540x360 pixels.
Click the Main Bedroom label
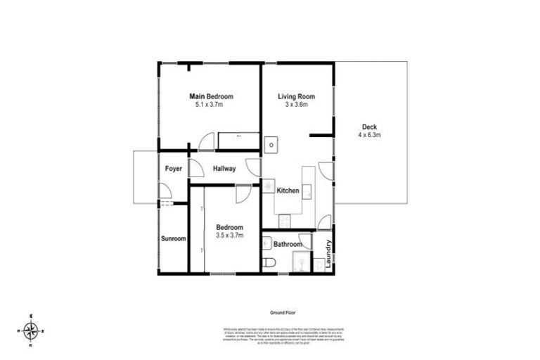pyautogui.click(x=210, y=96)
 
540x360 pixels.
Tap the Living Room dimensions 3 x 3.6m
pyautogui.click(x=295, y=105)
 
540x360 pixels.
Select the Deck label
pyautogui.click(x=368, y=127)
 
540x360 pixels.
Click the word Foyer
pyautogui.click(x=173, y=169)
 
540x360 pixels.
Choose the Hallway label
pyautogui.click(x=224, y=169)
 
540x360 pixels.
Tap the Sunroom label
pyautogui.click(x=174, y=239)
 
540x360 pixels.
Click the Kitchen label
pyautogui.click(x=288, y=191)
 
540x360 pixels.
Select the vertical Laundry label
pyautogui.click(x=328, y=251)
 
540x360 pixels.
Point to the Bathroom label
pyautogui.click(x=288, y=245)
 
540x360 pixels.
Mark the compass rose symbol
pyautogui.click(x=30, y=329)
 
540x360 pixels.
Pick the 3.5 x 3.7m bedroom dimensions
pyautogui.click(x=229, y=236)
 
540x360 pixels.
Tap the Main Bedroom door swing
pyautogui.click(x=206, y=143)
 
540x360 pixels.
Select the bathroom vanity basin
pyautogui.click(x=267, y=243)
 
